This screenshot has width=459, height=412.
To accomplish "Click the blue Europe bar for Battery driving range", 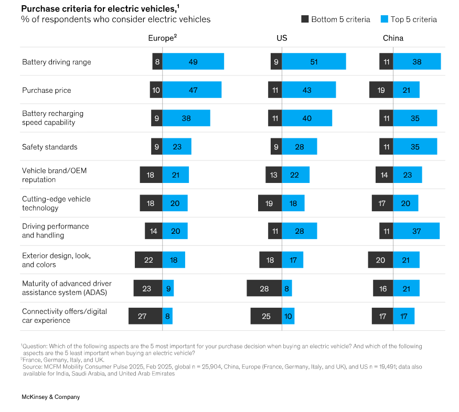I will coord(193,62).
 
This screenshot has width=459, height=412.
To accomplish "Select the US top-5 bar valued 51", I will coord(314,62).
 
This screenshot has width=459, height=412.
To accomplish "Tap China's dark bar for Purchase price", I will coord(381,90).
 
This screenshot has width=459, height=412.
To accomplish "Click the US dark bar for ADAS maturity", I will coord(264,288).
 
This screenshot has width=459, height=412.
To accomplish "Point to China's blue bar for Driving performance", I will coord(417,231).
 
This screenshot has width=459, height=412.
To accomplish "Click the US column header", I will coord(282,38).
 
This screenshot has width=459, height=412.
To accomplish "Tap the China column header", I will coord(393,38).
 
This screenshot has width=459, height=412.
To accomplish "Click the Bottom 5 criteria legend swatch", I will coord(305,19).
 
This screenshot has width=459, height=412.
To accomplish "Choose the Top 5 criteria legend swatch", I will coord(384,19).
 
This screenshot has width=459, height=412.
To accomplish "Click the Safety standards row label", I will coord(49,147).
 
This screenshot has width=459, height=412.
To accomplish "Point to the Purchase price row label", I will coord(46,90).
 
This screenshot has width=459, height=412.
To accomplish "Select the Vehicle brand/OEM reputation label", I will coord(52,175).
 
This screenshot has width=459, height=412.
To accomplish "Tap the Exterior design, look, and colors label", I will coord(56,260).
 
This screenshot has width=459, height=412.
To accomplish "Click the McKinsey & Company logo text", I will coord(50,397).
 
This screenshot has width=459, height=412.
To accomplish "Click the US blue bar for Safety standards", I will coord(299,147).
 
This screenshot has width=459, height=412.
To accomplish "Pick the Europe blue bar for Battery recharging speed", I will coord(186,118).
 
